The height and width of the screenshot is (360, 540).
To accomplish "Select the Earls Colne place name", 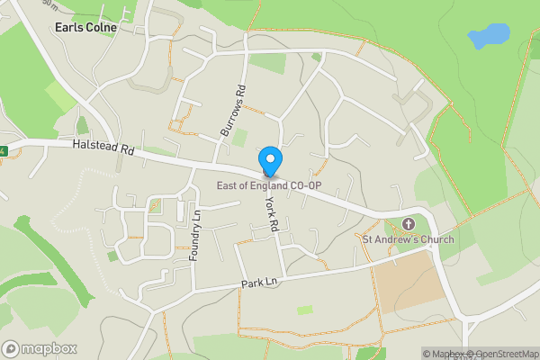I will pyautogui.click(x=86, y=28).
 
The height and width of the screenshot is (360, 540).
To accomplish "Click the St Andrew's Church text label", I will pyautogui.click(x=408, y=239).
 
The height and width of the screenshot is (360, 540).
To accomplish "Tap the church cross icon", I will pyautogui.click(x=408, y=223).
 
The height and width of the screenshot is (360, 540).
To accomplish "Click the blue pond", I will pyautogui.click(x=488, y=36).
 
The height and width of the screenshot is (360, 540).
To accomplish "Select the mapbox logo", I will pyautogui.click(x=40, y=348).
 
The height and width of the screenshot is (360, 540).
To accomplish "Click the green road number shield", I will pyautogui.click(x=3, y=151).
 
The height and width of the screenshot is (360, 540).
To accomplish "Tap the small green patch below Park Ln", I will pyautogui.click(x=305, y=310).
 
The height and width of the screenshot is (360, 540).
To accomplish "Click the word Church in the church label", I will pyautogui.click(x=435, y=239).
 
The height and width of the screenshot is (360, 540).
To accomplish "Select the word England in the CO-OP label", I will pyautogui.click(x=265, y=186).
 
